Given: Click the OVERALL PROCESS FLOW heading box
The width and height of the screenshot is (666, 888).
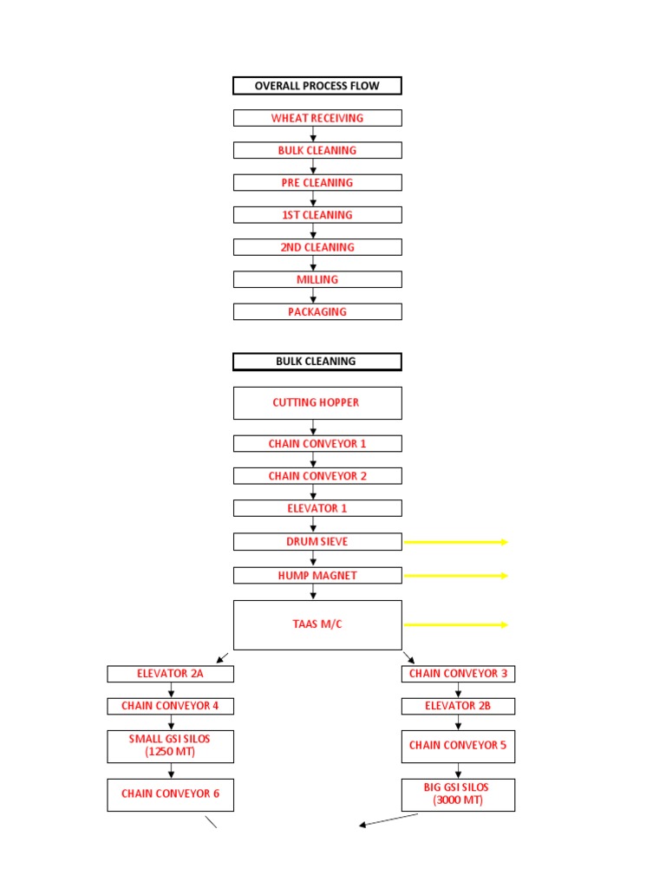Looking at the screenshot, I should tap(317, 86).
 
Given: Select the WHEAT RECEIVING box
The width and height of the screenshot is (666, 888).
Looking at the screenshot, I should tap(317, 118).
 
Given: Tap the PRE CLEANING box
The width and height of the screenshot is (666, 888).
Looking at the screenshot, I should tap(317, 183).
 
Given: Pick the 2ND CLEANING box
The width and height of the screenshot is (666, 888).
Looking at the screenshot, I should tap(317, 247).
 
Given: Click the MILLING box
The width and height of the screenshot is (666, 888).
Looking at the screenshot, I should tap(317, 279).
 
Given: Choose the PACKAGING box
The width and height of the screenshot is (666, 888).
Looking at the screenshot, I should tap(317, 311).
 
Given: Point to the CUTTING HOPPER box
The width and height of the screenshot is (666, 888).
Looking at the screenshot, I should tap(317, 402).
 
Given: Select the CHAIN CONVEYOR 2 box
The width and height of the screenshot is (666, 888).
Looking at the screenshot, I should tap(317, 476).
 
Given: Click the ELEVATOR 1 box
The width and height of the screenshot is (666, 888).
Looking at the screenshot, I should tap(317, 508).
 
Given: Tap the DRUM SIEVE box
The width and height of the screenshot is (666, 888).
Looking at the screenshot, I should tap(317, 541).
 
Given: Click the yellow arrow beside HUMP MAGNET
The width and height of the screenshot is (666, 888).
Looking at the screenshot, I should tap(455, 575).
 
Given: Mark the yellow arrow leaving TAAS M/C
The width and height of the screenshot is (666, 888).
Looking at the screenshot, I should tap(455, 624).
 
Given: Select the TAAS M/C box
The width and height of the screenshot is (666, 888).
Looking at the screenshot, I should tap(317, 624).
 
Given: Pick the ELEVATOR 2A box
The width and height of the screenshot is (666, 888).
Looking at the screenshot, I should tap(170, 674).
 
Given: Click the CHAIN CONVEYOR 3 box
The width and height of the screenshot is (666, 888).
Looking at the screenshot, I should tap(458, 674).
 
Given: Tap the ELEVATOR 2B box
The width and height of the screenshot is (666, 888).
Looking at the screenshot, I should tap(458, 706).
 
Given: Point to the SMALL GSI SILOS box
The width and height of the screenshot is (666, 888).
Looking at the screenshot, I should tap(170, 745).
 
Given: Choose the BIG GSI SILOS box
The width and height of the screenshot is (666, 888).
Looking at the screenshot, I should tap(458, 794).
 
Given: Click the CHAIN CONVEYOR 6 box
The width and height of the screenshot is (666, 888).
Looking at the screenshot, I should tap(170, 793).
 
